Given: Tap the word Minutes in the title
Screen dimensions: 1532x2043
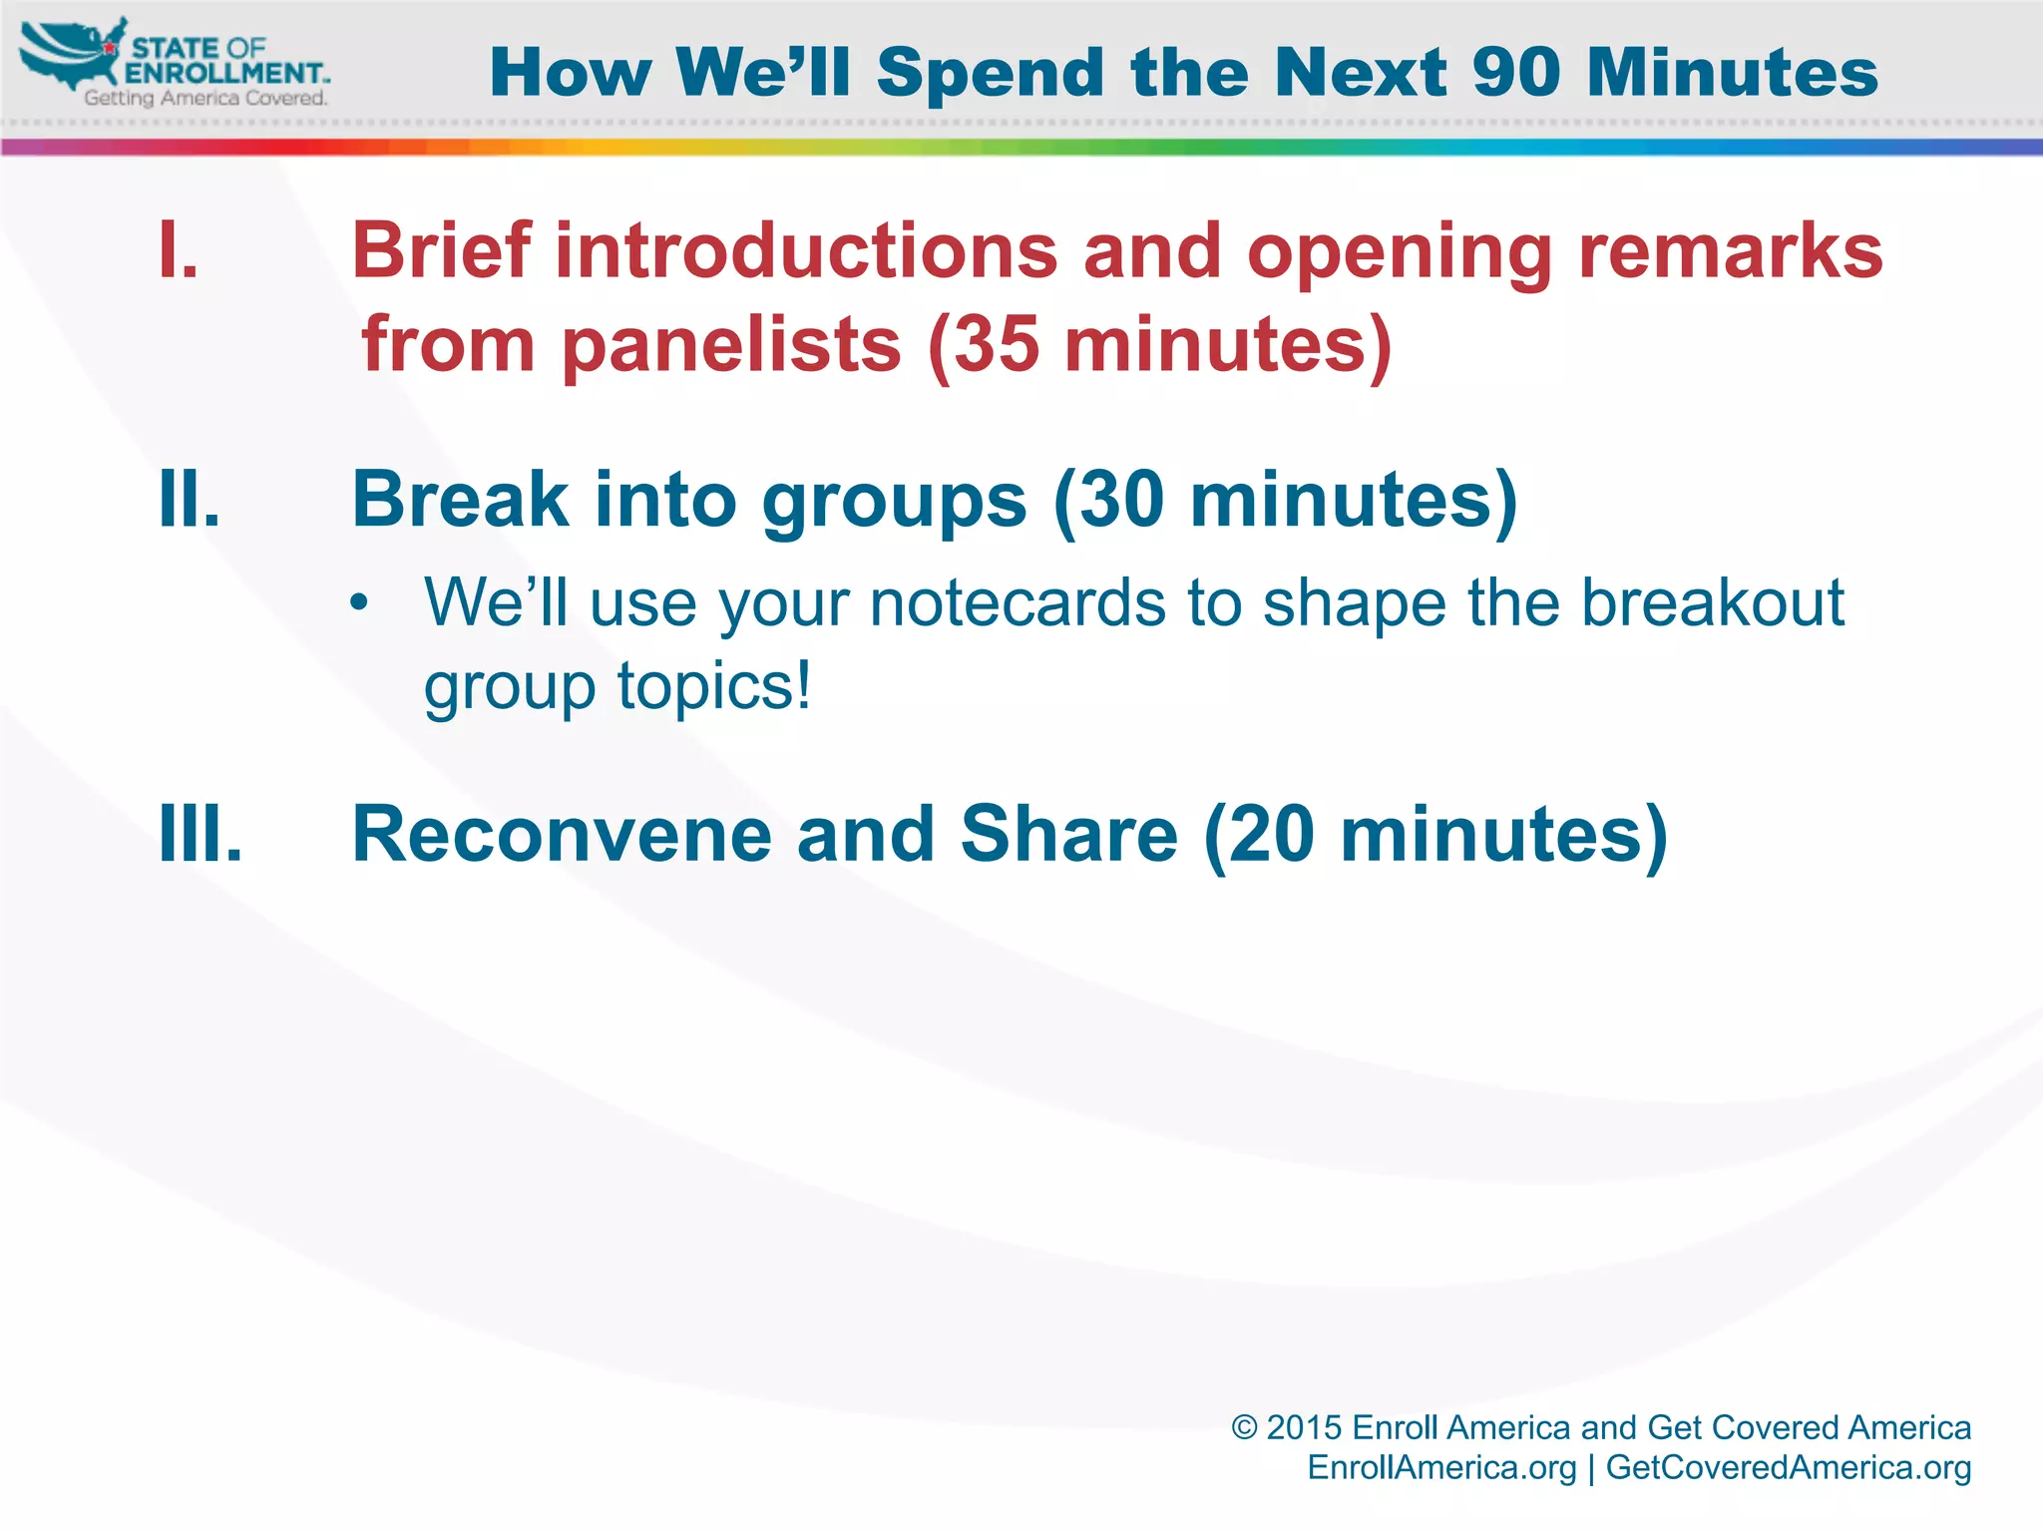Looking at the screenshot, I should point(1733,74).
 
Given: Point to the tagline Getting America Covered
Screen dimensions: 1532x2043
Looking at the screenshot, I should point(205,99).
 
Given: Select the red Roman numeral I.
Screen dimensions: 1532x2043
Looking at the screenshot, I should point(178,250).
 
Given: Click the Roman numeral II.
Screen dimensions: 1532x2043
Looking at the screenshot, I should point(189,499).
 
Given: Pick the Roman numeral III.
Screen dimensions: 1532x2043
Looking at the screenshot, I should point(200,834).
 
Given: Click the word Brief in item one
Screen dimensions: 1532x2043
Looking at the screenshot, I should point(440,250).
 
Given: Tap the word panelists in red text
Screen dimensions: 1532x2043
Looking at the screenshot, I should point(731,345).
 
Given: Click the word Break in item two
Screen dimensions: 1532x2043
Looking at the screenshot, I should point(460,499).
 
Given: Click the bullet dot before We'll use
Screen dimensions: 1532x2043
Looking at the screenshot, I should point(359,604).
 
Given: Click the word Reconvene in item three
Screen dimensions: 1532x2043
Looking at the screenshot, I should point(561,834).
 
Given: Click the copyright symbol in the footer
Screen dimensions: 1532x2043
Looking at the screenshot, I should point(1243,1427).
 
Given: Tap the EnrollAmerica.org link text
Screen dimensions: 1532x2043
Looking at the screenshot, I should point(1441,1467).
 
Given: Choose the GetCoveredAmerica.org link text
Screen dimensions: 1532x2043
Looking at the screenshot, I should point(1788,1467).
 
